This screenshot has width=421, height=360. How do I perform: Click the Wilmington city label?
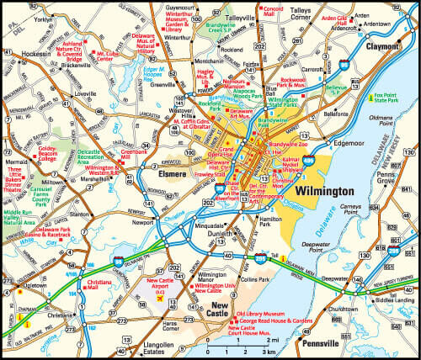point(322,192)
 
